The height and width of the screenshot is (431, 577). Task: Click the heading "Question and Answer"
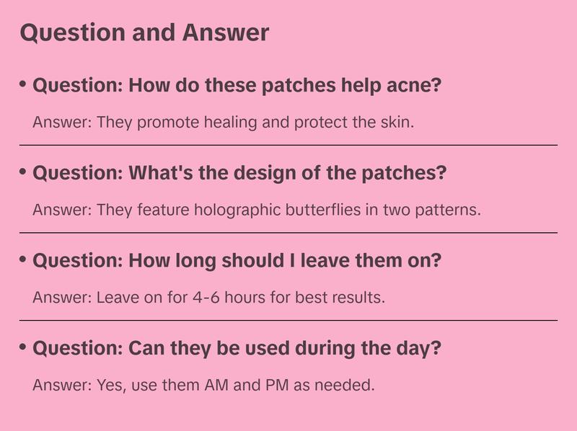tap(144, 33)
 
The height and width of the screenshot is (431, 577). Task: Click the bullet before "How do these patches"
tap(23, 85)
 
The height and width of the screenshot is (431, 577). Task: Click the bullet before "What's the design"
tap(23, 173)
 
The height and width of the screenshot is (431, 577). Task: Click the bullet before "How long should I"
tap(23, 260)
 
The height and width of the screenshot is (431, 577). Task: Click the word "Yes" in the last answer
tap(109, 385)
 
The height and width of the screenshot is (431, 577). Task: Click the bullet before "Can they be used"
tap(23, 348)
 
